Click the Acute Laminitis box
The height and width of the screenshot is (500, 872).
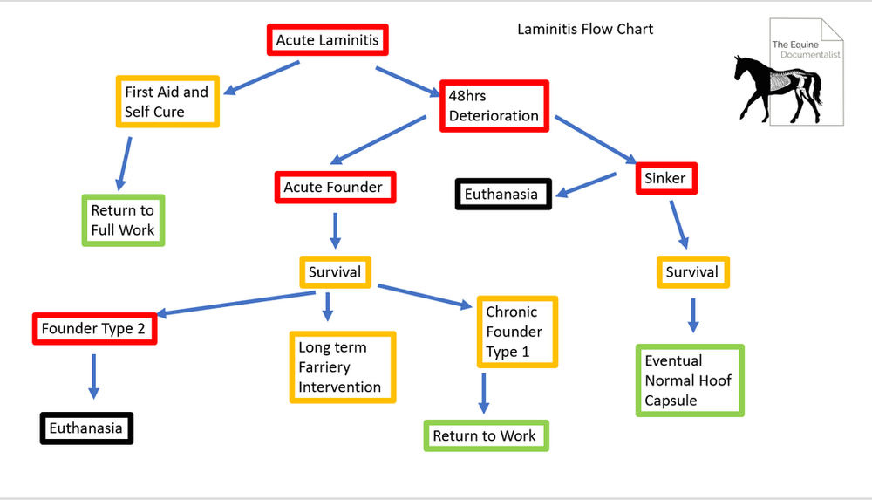327,40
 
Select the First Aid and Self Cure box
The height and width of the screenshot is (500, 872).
167,102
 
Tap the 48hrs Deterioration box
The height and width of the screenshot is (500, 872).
494,105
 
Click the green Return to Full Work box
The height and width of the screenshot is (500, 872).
123,220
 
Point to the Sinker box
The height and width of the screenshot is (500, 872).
665,178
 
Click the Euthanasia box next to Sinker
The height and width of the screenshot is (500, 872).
503,194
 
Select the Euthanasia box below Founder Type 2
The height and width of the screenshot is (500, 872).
86,428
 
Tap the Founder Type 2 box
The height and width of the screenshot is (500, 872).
94,329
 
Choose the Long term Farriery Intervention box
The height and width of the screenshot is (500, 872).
343,366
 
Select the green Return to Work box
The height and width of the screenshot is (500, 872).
485,435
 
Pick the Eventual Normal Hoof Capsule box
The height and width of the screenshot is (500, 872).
689,380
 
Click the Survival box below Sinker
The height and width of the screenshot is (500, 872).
692,272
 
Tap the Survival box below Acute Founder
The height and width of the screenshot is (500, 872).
335,272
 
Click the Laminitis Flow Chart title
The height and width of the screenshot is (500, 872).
585,29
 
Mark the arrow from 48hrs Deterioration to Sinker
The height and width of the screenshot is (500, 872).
595,138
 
